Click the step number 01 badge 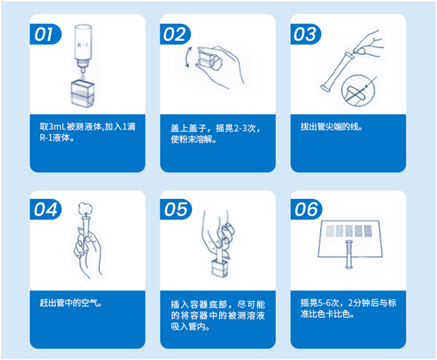45,34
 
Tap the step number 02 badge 175,34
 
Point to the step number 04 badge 45,209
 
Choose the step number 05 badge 176,209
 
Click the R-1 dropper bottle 83,46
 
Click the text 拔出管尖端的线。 331,128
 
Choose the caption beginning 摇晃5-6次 348,308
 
